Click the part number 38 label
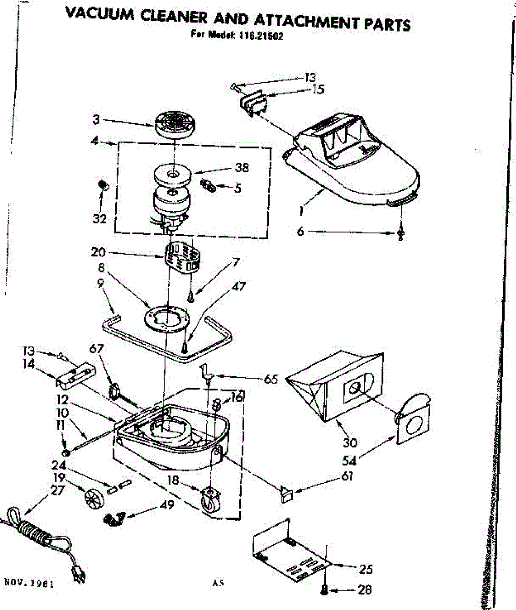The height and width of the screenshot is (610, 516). coord(241,167)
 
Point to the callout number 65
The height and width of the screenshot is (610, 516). coord(270,379)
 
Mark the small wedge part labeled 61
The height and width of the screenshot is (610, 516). coord(286,494)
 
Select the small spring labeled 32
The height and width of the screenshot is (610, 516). coord(103,186)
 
